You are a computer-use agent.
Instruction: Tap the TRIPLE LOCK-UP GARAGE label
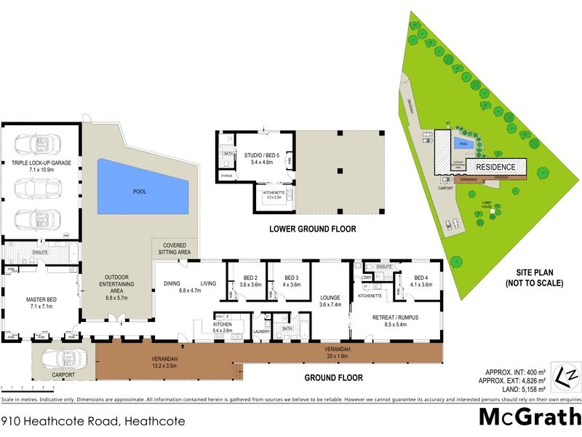point(41,163)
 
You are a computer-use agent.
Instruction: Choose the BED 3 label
point(291,278)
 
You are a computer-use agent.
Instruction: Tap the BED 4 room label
point(420,278)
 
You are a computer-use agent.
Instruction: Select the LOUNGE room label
point(330,296)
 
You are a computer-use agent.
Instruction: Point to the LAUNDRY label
point(262,332)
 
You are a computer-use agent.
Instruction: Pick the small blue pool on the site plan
point(463,143)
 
